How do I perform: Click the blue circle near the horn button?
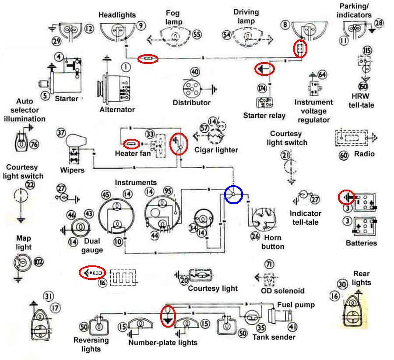[x=233, y=194]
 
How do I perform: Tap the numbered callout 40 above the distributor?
[x=195, y=72]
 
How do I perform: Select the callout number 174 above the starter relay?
[x=262, y=88]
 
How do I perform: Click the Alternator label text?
[x=117, y=109]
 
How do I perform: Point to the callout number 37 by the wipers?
[x=61, y=133]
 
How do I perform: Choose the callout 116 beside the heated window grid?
[x=102, y=283]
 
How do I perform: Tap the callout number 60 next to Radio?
[x=344, y=155]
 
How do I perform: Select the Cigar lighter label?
[x=216, y=150]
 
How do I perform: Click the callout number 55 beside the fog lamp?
[x=197, y=34]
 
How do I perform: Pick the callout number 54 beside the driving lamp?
[x=226, y=35]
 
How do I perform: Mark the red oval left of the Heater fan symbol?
[x=131, y=144]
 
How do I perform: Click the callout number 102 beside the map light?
[x=39, y=262]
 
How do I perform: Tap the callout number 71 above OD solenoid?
[x=269, y=264]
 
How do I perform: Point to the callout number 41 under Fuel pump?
[x=292, y=327]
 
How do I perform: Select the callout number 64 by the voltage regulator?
[x=322, y=74]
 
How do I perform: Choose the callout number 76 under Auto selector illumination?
[x=34, y=144]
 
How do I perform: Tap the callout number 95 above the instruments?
[x=168, y=191]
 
